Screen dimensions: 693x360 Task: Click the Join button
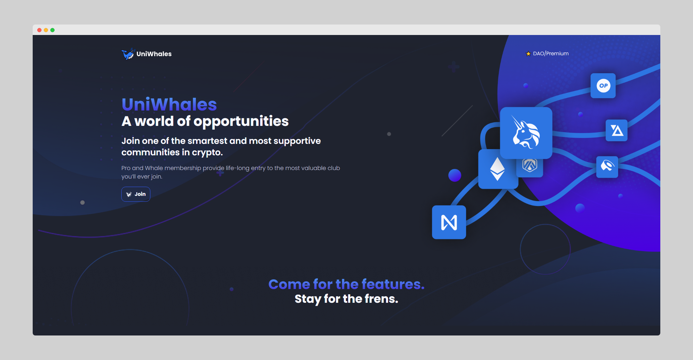136,194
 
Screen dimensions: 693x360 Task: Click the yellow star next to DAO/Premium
528,54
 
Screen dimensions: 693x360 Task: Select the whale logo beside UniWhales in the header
128,54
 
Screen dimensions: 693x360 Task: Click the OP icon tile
603,86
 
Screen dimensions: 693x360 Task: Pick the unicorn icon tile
526,133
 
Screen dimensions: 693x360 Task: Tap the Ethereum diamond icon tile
498,169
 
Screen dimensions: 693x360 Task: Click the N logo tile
449,222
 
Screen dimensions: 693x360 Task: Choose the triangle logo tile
617,130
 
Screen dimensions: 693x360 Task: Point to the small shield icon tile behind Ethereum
530,167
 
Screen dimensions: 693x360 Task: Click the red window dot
39,30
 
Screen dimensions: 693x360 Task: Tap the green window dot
52,30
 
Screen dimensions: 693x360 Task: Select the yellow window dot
46,30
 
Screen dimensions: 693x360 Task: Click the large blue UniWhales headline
169,105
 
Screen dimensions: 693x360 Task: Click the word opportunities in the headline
241,122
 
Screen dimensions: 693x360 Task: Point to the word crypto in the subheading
207,153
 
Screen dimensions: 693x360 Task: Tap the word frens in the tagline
381,299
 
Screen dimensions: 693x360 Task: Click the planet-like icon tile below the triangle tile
607,167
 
